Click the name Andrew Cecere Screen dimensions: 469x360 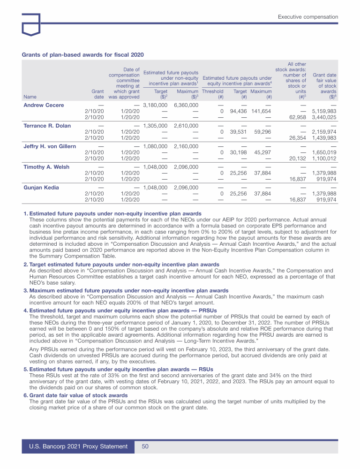coord(44,105)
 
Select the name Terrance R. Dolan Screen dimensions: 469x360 coord(48,126)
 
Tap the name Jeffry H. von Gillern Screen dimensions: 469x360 coord(49,146)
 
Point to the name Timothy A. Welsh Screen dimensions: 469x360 coord(46,167)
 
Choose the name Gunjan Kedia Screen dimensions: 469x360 coord(42,188)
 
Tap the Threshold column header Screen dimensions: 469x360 coord(212,91)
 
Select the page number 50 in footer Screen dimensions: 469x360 coord(145,446)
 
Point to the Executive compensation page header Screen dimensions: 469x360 coord(307,17)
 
